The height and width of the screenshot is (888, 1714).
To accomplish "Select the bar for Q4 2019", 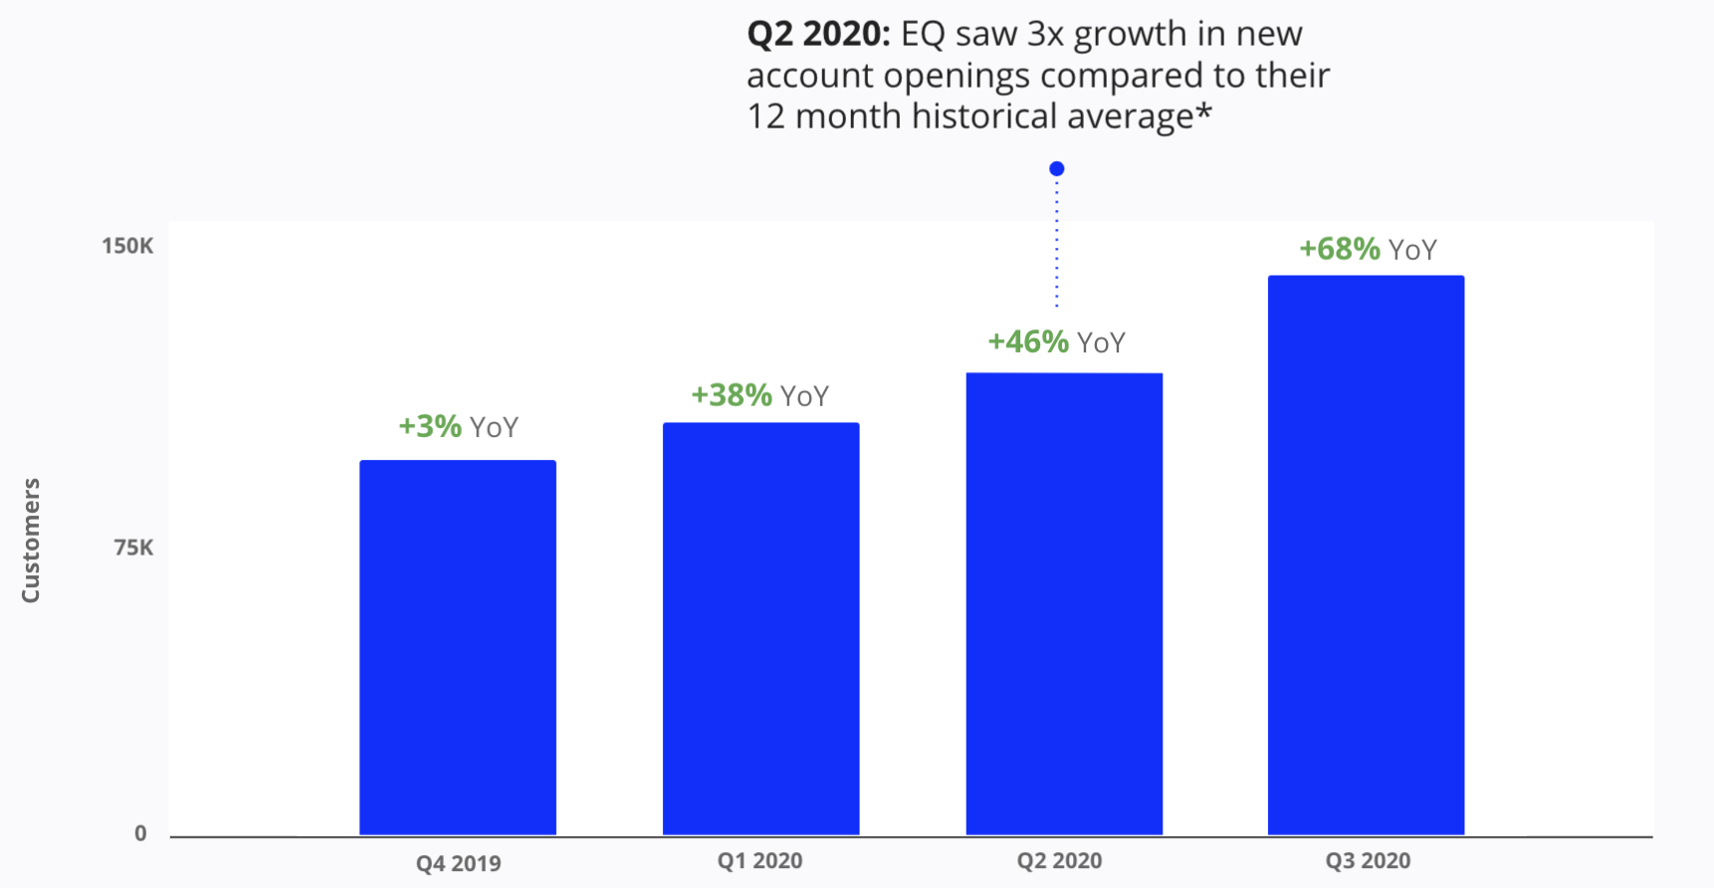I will pyautogui.click(x=458, y=647).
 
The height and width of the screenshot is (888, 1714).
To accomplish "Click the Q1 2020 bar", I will pyautogui.click(x=761, y=628).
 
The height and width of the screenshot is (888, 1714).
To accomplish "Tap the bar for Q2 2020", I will pyautogui.click(x=1064, y=603).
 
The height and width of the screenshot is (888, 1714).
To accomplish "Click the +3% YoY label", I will pyautogui.click(x=458, y=427).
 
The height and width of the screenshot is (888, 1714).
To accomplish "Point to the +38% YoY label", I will pyautogui.click(x=760, y=396).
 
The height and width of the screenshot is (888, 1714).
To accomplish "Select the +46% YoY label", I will pyautogui.click(x=1056, y=342).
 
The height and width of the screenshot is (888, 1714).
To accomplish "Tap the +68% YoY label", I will pyautogui.click(x=1368, y=249).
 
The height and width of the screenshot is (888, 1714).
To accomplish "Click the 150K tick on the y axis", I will pyautogui.click(x=127, y=246).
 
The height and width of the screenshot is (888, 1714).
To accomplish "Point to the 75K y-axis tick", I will pyautogui.click(x=133, y=548).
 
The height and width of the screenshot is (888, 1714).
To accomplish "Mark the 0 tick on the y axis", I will pyautogui.click(x=140, y=834).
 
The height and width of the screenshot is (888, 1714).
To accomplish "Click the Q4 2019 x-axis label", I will pyautogui.click(x=458, y=863).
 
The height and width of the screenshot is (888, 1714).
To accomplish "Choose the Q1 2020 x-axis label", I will pyautogui.click(x=759, y=861).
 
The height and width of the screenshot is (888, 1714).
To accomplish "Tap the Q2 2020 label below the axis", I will pyautogui.click(x=1059, y=861).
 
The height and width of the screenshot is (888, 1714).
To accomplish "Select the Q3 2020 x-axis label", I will pyautogui.click(x=1368, y=861).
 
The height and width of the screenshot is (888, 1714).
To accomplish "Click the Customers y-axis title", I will pyautogui.click(x=31, y=541).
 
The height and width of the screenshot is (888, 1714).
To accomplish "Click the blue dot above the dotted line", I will pyautogui.click(x=1057, y=169).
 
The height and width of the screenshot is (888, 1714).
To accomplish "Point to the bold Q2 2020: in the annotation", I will pyautogui.click(x=818, y=34).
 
